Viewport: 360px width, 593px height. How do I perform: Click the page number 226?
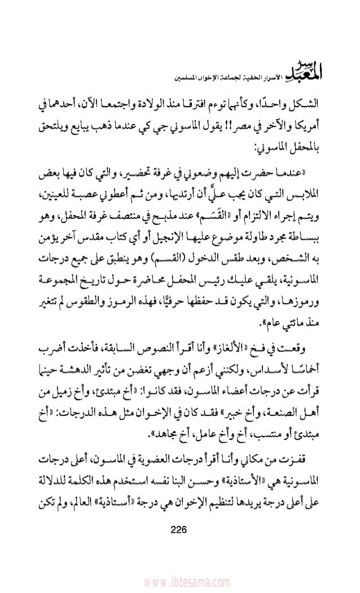(180, 530)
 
